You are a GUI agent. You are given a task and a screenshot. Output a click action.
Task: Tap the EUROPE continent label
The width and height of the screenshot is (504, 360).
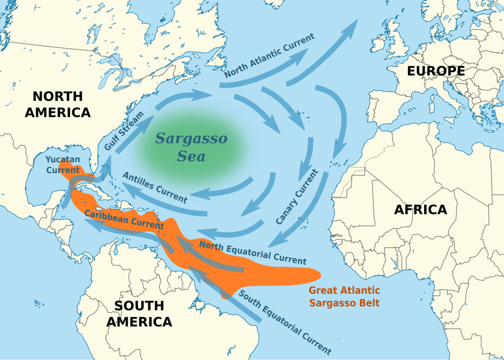pos(436,71)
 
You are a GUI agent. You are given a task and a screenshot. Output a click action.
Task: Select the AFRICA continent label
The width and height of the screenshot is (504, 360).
pos(420,209)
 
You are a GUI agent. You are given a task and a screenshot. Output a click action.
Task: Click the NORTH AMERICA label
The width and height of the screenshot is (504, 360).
pos(57,104)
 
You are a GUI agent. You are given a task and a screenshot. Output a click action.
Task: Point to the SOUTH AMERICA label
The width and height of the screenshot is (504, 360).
pos(139,313)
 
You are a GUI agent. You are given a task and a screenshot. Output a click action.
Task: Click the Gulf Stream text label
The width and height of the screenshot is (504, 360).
pos(125,131)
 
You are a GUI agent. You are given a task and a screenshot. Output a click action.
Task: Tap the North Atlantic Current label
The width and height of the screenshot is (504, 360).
pos(269,55)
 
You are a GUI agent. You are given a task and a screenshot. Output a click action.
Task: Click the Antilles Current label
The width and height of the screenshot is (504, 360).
pos(155,187)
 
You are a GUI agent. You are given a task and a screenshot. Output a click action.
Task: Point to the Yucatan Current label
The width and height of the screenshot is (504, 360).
pos(63,165)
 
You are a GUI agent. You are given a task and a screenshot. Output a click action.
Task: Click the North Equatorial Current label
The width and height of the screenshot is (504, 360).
pos(252,252)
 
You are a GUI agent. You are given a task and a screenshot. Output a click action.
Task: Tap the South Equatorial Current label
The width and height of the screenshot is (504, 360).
pos(284,322)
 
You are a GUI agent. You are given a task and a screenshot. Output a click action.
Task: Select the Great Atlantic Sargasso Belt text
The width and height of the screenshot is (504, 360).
pos(344,297)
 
